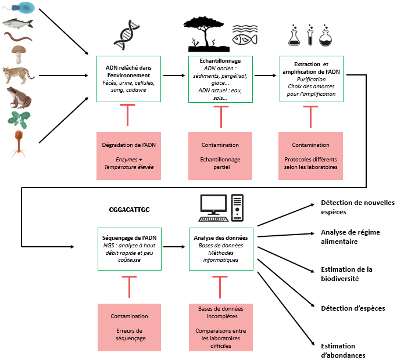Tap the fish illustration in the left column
[x=18, y=24]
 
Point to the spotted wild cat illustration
[x=19, y=75]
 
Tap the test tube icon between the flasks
[x=310, y=36]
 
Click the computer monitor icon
[x=213, y=205]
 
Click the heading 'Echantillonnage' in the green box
[x=220, y=61]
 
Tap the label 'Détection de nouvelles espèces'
[x=357, y=207]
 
